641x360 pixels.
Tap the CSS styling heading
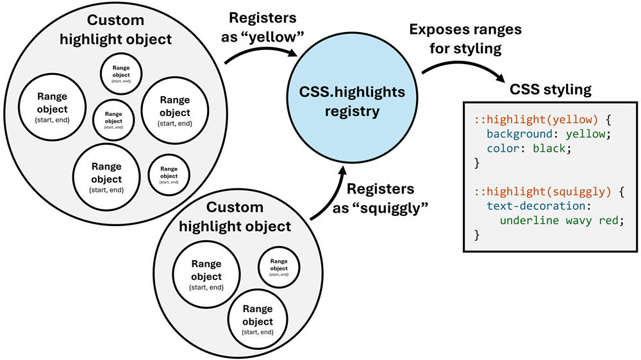550,89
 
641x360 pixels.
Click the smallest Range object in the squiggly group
278,265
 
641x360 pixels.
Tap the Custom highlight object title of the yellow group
115,29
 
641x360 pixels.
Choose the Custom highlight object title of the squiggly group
235,217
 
